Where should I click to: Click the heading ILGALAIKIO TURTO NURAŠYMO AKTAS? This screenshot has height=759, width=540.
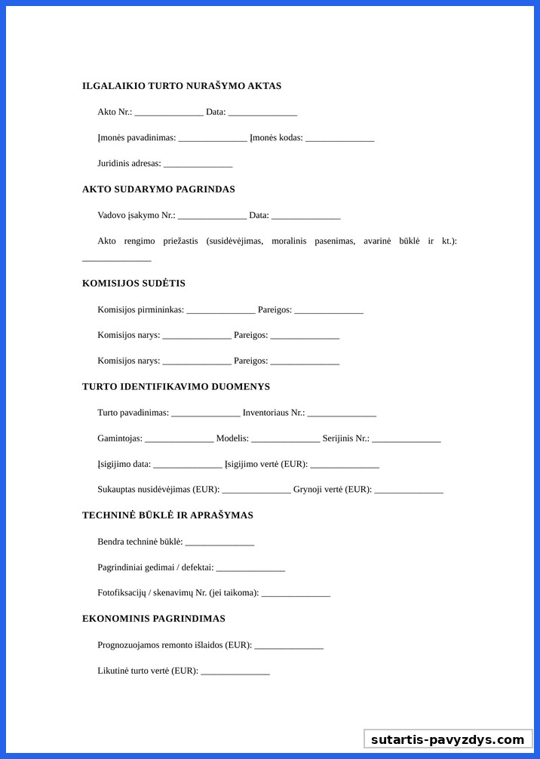[x=182, y=86]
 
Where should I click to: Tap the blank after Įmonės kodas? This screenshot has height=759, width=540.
[x=340, y=138]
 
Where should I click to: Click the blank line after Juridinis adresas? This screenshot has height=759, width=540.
[x=198, y=164]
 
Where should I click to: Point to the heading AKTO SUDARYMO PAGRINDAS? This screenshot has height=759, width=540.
[x=158, y=189]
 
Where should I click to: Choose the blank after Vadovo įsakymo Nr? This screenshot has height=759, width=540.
[x=212, y=216]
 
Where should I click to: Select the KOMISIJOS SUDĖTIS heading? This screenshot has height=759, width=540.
[x=133, y=284]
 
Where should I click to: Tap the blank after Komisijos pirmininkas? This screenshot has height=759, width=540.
[x=221, y=310]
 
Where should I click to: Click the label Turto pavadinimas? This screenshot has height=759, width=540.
[x=133, y=413]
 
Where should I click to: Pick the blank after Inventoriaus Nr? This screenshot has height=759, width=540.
[x=342, y=413]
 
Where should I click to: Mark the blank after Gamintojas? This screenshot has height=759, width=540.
[x=179, y=439]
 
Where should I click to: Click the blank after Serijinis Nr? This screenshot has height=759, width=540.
[x=406, y=439]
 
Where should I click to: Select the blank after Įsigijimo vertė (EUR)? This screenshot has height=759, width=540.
[x=345, y=465]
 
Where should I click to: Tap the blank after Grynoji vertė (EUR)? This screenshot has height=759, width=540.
[x=409, y=490]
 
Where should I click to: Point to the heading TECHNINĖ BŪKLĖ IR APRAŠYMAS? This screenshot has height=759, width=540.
[x=167, y=515]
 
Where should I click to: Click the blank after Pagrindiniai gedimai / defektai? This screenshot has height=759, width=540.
[x=250, y=568]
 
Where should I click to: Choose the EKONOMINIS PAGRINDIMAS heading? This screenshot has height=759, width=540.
[x=154, y=619]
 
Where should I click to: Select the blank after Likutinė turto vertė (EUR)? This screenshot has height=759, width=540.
[x=235, y=671]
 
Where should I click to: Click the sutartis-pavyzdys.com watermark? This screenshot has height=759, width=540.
[x=447, y=739]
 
